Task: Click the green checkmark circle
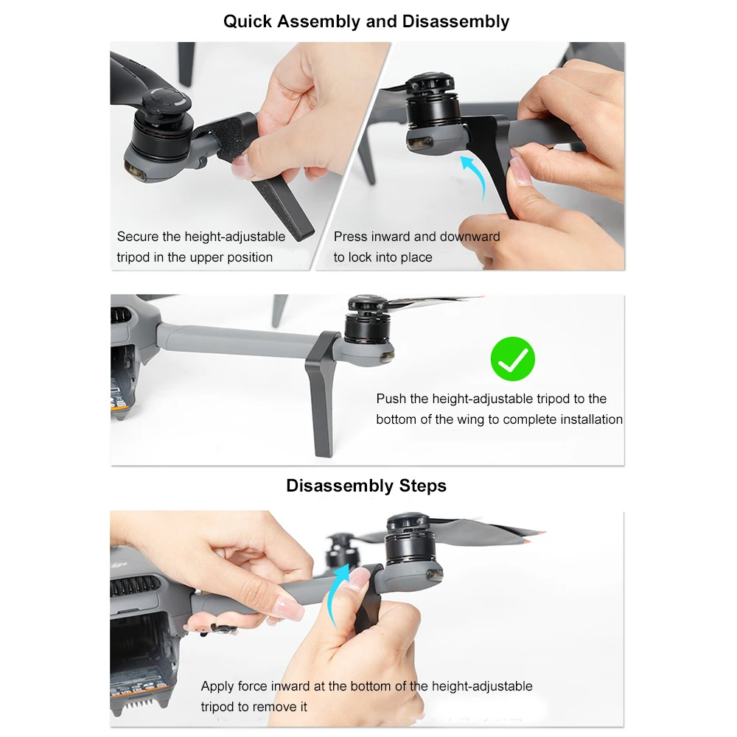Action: pyautogui.click(x=512, y=359)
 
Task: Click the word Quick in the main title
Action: pyautogui.click(x=247, y=21)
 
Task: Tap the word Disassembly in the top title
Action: pyautogui.click(x=455, y=21)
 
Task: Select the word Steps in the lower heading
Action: pyautogui.click(x=422, y=486)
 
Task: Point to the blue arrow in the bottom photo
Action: pyautogui.click(x=336, y=595)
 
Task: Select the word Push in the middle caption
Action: pyautogui.click(x=391, y=399)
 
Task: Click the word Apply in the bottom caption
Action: pyautogui.click(x=217, y=687)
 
